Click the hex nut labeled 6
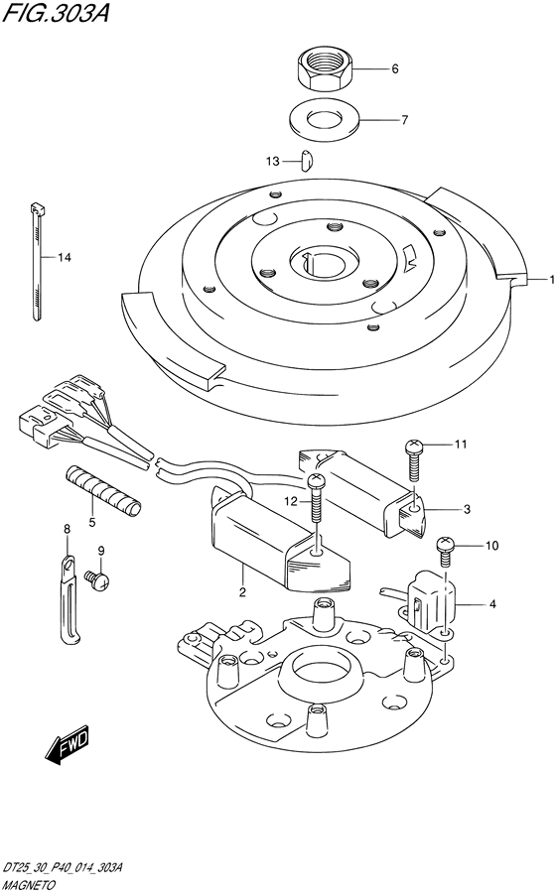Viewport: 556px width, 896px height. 325,68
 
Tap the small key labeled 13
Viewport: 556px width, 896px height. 307,160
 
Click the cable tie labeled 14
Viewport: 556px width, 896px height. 37,260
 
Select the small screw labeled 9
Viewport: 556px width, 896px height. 97,580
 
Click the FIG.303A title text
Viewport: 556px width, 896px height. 56,13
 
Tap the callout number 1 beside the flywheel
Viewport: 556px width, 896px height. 552,280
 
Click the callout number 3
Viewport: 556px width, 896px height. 467,509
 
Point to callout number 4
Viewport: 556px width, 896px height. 493,603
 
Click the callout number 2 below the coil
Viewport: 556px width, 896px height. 242,592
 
